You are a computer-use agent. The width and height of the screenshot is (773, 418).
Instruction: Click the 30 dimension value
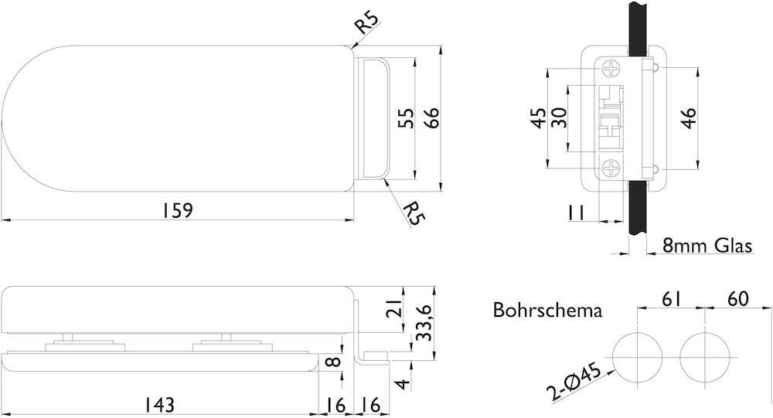(x=560, y=118)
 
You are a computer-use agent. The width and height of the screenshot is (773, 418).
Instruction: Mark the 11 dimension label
(x=575, y=212)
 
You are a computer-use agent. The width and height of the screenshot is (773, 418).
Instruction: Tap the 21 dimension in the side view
(x=394, y=309)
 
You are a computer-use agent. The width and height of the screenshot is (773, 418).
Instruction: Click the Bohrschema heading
(x=547, y=311)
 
